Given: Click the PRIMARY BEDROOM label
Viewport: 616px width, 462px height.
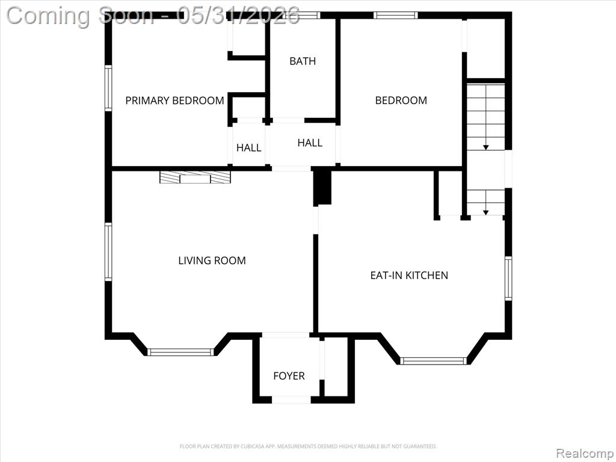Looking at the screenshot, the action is click(x=175, y=100).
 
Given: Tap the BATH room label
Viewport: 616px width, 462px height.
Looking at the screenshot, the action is click(x=303, y=61).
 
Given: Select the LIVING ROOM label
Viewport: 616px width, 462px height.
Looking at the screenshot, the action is click(x=212, y=260).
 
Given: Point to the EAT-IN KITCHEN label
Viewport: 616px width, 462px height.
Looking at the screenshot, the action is click(x=409, y=275).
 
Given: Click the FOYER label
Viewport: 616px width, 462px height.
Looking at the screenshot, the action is click(x=289, y=376).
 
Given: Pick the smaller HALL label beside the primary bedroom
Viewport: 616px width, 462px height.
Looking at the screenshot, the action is click(x=248, y=148).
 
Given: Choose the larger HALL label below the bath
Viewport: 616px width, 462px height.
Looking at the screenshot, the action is click(x=310, y=143).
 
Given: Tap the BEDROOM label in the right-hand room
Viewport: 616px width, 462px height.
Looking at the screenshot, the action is click(x=401, y=100).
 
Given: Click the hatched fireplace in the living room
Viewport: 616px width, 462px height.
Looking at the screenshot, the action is click(x=195, y=177).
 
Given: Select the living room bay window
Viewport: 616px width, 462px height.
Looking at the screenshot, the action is click(x=180, y=352).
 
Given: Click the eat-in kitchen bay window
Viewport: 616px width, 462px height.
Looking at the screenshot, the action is click(x=434, y=361).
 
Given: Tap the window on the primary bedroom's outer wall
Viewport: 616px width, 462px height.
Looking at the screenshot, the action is click(x=108, y=88).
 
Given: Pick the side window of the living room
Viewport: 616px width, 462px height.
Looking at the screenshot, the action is click(x=108, y=251).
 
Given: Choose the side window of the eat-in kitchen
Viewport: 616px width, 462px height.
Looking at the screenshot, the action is click(x=508, y=278).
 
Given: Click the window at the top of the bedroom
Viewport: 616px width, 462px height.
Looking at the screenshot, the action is click(x=395, y=15).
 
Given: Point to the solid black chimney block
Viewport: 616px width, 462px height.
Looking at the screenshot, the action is click(x=322, y=186).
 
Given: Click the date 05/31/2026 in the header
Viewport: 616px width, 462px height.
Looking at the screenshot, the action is click(x=238, y=16).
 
